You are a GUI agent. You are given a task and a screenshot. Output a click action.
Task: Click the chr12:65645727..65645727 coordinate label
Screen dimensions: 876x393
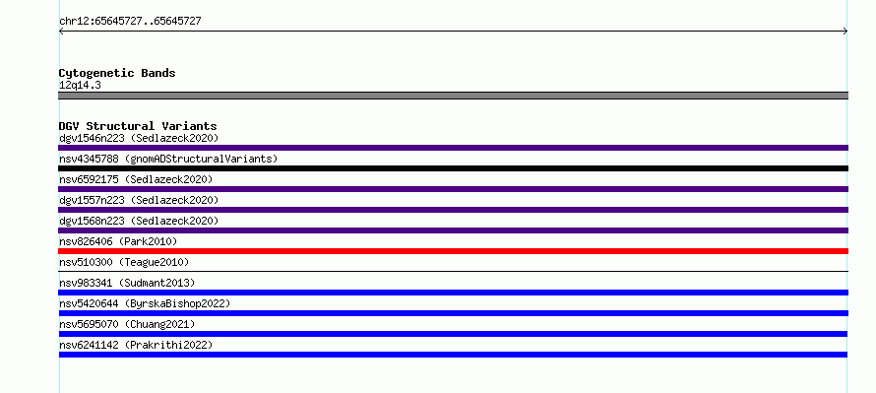click(x=130, y=22)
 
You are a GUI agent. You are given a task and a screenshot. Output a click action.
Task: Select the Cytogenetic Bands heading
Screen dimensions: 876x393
click(x=117, y=73)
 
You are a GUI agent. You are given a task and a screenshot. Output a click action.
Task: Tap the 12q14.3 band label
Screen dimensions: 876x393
click(x=80, y=86)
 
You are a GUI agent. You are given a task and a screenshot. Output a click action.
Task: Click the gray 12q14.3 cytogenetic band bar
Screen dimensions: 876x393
click(x=453, y=96)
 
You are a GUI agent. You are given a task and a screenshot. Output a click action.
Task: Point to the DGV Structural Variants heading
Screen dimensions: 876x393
click(x=138, y=126)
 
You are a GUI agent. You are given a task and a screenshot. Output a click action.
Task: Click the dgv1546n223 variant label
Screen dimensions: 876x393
click(x=139, y=138)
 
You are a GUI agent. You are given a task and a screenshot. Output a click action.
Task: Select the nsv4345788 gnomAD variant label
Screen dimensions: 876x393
click(x=168, y=159)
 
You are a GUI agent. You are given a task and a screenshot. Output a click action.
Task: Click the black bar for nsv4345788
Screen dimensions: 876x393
click(x=453, y=168)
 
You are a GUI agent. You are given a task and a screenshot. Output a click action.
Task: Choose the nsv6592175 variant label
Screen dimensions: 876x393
click(x=136, y=179)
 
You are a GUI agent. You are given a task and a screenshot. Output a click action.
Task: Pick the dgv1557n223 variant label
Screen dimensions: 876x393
click(x=139, y=200)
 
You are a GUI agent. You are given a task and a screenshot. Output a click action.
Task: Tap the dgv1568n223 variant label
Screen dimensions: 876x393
click(x=139, y=221)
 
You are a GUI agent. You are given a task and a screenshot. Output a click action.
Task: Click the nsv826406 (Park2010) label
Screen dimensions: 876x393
click(x=118, y=241)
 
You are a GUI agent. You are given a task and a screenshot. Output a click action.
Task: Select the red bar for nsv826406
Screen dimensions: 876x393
click(x=453, y=251)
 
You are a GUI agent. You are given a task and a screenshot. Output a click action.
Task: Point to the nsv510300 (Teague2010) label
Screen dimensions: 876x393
click(x=124, y=262)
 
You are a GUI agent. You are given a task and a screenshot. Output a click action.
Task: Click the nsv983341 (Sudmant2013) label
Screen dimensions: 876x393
click(x=127, y=283)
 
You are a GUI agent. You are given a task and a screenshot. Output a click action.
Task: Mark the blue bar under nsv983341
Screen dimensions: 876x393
click(x=453, y=293)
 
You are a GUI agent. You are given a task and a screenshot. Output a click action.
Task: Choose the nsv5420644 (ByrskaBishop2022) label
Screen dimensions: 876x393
click(x=145, y=303)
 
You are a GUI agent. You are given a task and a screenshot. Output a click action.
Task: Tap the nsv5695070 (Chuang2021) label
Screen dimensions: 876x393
click(x=127, y=324)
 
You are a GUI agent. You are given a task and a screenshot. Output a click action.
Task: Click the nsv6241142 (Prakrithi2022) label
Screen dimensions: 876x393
click(x=136, y=345)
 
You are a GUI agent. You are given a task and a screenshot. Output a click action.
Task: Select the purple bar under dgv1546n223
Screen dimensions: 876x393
click(x=453, y=148)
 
